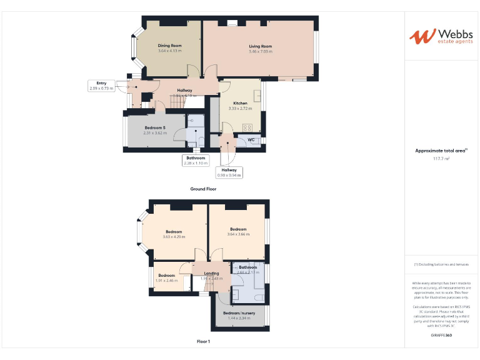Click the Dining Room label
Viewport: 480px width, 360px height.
(x=169, y=46)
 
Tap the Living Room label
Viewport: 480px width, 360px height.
(x=261, y=46)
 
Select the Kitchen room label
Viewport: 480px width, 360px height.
(x=241, y=103)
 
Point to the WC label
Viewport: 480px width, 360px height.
(x=251, y=140)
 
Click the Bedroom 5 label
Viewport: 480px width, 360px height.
(x=155, y=127)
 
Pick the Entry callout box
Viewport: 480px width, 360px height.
(x=101, y=86)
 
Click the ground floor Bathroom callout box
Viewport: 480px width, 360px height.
(x=195, y=161)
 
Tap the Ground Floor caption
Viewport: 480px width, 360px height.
(x=203, y=189)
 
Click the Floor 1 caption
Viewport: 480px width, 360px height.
(x=203, y=342)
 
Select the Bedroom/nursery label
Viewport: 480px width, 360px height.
(x=239, y=312)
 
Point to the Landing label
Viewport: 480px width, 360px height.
(x=212, y=273)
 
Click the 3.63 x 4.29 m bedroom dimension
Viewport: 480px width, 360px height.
(x=174, y=237)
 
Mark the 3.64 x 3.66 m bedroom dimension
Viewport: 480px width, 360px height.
(x=239, y=234)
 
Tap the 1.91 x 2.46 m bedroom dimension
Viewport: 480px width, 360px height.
(x=166, y=281)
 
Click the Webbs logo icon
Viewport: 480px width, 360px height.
(x=418, y=36)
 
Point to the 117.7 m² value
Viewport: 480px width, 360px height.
(x=441, y=159)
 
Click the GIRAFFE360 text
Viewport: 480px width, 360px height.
(x=441, y=336)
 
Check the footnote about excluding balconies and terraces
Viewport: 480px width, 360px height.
(x=441, y=265)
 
